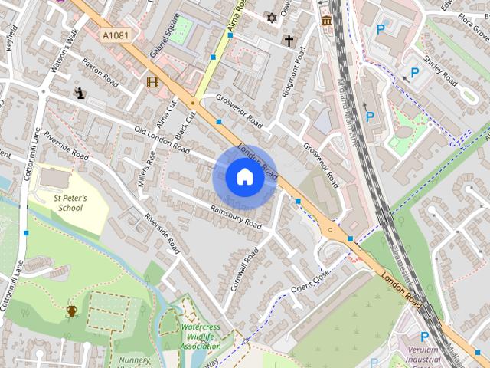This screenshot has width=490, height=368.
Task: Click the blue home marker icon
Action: [244, 176]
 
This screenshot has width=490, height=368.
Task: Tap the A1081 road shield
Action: [114, 35]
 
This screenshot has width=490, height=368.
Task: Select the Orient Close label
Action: [310, 282]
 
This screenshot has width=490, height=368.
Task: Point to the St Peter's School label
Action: [70, 202]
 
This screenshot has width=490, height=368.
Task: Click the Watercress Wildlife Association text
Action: [201, 337]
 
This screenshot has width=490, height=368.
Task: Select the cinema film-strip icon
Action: [152, 82]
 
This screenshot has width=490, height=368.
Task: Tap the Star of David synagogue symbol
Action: [269, 17]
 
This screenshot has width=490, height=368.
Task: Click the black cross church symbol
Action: [289, 41]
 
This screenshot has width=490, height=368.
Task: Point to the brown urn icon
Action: [72, 310]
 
